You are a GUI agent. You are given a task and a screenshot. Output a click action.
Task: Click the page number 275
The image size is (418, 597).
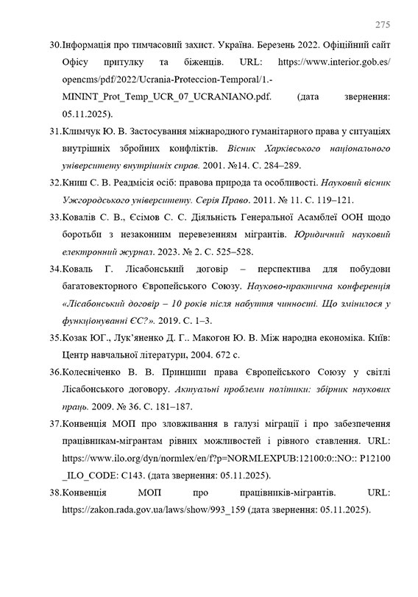pyautogui.click(x=382, y=25)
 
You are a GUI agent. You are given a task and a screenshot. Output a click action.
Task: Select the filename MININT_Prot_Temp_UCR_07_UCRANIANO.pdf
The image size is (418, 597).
pyautogui.click(x=163, y=96)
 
